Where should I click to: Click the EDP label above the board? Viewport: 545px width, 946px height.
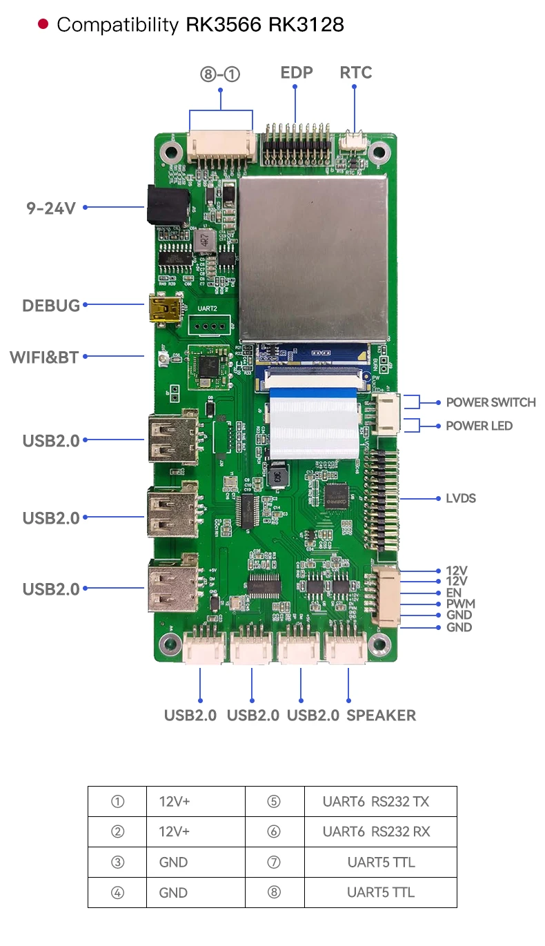(297, 73)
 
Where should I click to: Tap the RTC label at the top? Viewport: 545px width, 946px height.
(356, 73)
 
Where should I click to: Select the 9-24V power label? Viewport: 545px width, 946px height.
(51, 207)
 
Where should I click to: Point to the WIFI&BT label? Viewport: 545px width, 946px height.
(44, 357)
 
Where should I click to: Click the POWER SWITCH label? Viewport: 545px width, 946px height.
(490, 402)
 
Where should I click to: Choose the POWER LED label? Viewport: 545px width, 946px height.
(479, 426)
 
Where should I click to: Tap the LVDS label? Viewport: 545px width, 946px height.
(460, 498)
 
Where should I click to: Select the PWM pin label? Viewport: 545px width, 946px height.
(460, 604)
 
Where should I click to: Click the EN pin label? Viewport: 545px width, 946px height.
(454, 593)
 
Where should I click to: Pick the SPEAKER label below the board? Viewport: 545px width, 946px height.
(381, 716)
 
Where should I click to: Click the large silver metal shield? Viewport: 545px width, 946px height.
(313, 259)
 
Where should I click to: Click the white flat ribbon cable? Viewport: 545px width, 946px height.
(314, 421)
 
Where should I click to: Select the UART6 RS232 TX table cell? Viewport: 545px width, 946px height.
(376, 802)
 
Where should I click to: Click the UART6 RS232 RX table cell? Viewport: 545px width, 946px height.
(376, 832)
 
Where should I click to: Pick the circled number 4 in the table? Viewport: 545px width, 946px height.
(118, 893)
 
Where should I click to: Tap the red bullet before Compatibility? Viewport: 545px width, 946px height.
(43, 25)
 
